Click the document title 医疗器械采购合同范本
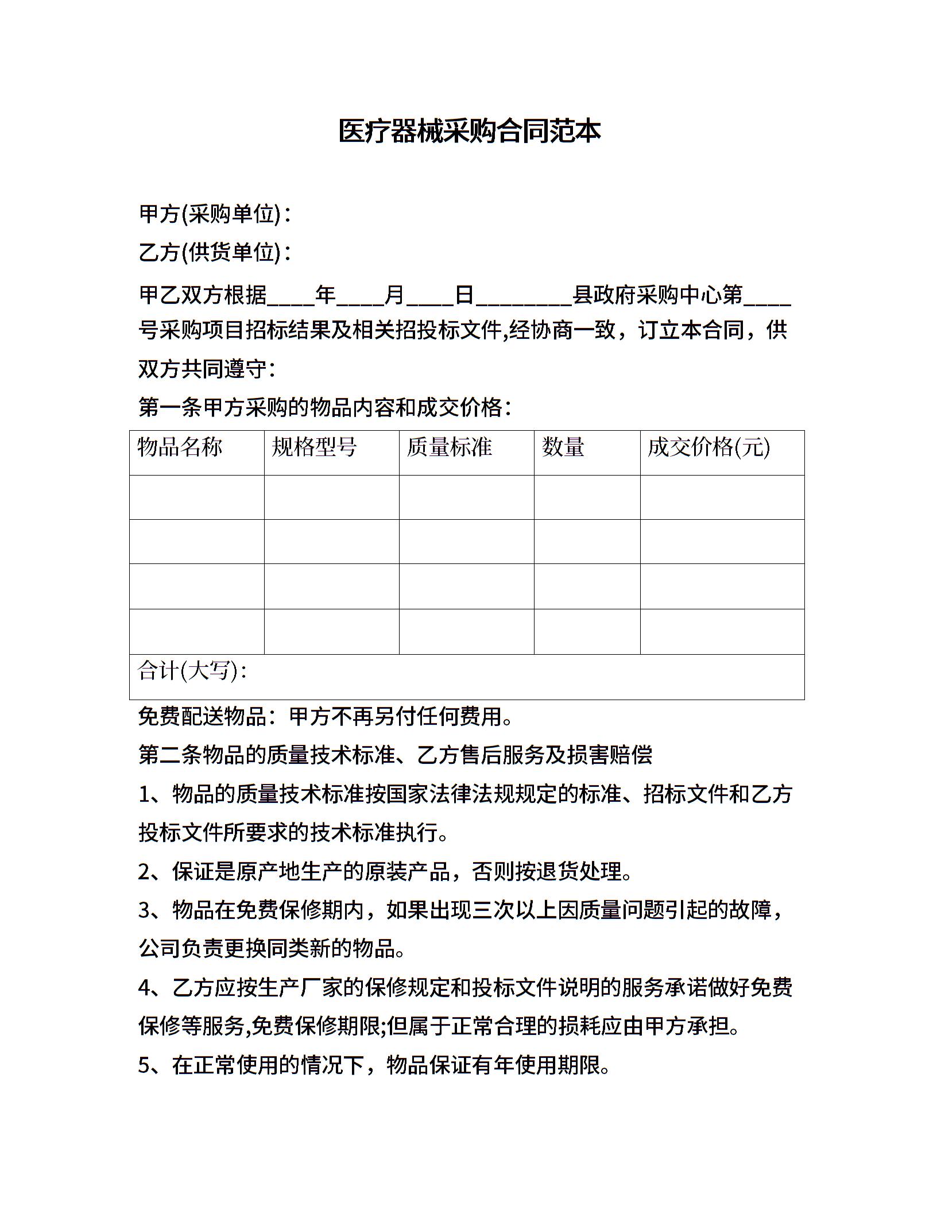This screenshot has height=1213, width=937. coord(468,132)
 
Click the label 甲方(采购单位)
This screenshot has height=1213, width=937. coord(210,215)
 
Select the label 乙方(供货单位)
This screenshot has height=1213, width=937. coord(210,252)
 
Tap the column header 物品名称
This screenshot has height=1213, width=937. coord(180,447)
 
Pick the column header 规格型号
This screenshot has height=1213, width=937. coord(314,447)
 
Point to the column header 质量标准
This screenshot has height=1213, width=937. coord(449,447)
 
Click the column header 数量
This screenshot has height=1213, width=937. coord(563,447)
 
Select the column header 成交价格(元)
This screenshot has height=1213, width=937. coord(708,447)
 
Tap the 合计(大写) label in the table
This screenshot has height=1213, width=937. coord(191,671)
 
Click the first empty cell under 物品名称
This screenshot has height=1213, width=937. coord(196,497)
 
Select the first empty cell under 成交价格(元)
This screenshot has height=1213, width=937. coord(722,497)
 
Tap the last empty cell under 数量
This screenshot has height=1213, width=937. coord(587,632)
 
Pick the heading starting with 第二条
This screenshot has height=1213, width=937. coord(395,755)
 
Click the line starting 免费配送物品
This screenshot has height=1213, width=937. coord(326,716)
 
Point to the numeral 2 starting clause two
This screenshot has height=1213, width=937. coord(144,872)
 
